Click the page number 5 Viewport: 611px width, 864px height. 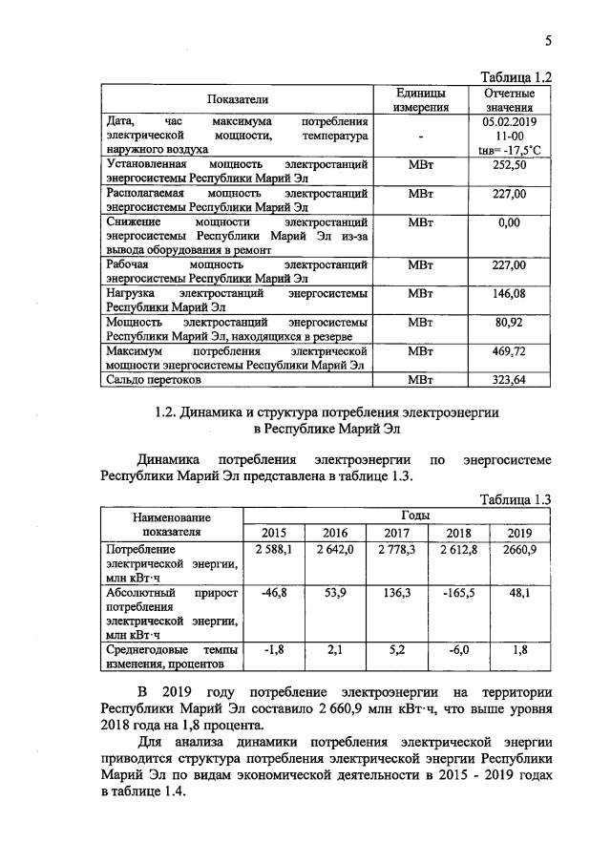click(x=549, y=41)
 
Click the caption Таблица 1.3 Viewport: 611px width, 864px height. click(x=516, y=497)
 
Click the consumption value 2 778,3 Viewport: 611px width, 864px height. click(x=398, y=551)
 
